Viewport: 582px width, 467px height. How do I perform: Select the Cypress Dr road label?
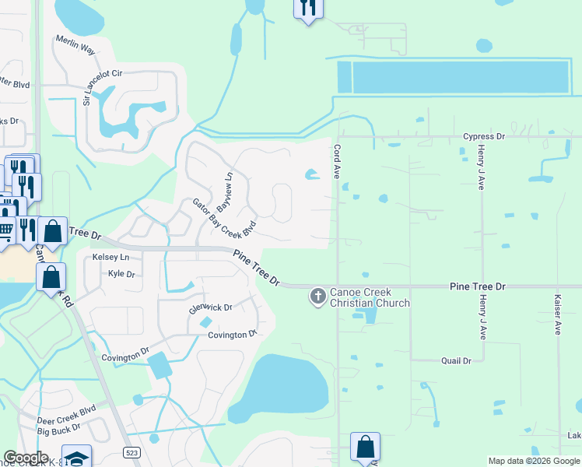tap(484, 136)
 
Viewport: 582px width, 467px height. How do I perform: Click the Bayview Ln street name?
tap(225, 192)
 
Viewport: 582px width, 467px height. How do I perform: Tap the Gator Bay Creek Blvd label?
tap(225, 219)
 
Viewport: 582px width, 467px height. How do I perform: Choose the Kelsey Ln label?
tap(110, 257)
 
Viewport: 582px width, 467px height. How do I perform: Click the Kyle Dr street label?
tap(121, 274)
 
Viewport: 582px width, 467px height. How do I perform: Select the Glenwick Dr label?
tap(211, 308)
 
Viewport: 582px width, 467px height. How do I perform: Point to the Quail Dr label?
tap(456, 361)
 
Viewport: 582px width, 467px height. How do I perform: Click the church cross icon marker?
tap(317, 296)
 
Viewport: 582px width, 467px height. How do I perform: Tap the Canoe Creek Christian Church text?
tap(370, 297)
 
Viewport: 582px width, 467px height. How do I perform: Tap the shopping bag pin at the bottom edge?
tap(365, 447)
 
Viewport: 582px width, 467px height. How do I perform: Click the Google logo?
tap(26, 458)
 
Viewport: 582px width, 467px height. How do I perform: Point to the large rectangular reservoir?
tap(461, 77)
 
